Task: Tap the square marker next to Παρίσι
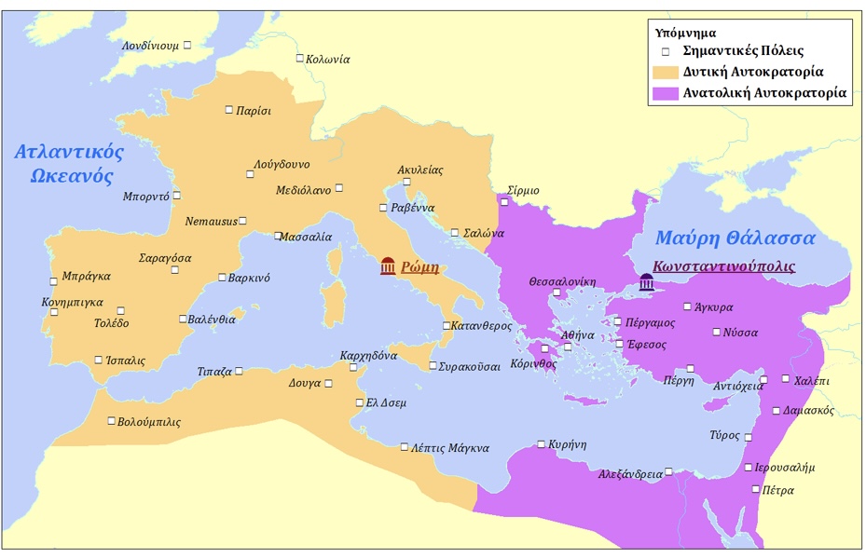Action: pos(229,110)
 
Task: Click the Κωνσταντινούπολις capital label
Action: pos(724,265)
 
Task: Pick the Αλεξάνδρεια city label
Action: pos(631,474)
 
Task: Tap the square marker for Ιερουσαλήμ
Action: pos(748,468)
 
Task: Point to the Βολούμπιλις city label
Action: pos(149,422)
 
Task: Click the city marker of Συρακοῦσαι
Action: pos(433,365)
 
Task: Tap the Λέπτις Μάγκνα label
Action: pos(450,448)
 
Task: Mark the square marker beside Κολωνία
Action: pos(300,59)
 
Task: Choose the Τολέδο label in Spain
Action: pos(112,323)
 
